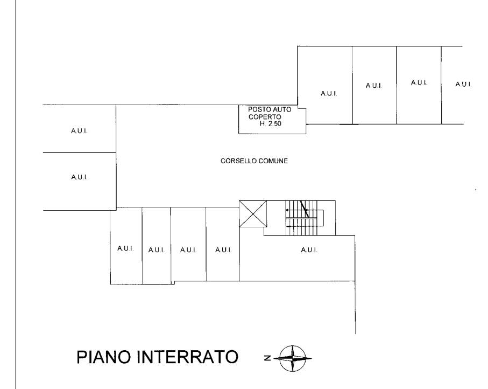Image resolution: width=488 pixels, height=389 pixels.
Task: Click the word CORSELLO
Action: pyautogui.click(x=235, y=160)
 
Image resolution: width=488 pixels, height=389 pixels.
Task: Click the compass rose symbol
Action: pyautogui.click(x=294, y=358)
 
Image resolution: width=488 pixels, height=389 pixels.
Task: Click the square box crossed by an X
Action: pyautogui.click(x=253, y=214)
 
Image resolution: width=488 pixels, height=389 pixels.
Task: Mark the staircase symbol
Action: pyautogui.click(x=305, y=218)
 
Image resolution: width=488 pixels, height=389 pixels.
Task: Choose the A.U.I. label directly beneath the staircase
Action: pyautogui.click(x=309, y=249)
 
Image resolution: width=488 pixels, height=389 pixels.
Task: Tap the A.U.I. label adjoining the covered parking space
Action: pyautogui.click(x=328, y=94)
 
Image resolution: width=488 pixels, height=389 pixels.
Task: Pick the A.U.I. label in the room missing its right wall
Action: pyautogui.click(x=463, y=84)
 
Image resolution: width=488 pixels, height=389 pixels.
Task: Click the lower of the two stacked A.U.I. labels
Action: pyautogui.click(x=79, y=177)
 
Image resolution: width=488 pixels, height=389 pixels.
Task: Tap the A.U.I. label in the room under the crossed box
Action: pyautogui.click(x=223, y=249)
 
